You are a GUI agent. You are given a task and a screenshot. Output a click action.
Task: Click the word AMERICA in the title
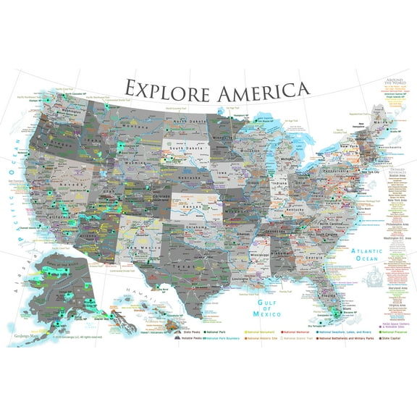tap(255, 90)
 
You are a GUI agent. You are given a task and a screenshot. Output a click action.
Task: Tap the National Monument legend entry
tap(262, 329)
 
